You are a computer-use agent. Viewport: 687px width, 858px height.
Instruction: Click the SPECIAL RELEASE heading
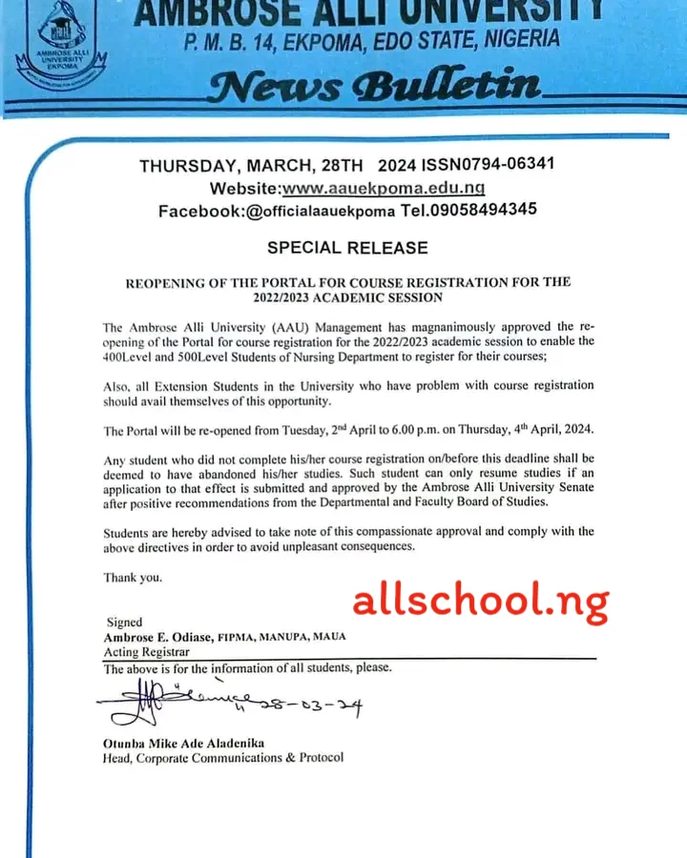coord(346,248)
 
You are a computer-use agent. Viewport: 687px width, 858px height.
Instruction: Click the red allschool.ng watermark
coord(480,601)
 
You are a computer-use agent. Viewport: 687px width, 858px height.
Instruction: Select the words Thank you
coord(133,577)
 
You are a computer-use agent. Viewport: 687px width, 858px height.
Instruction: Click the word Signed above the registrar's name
coord(125,622)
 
